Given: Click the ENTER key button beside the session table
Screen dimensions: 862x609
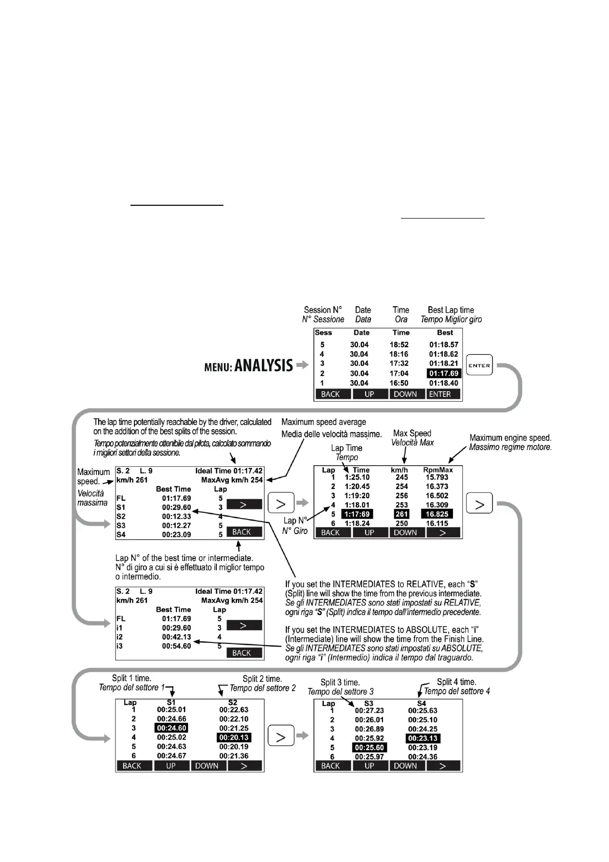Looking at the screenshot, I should [x=479, y=365].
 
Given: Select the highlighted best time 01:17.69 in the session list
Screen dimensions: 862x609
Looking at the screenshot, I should [x=444, y=374].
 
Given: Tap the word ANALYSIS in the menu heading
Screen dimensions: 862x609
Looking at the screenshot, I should [x=263, y=365].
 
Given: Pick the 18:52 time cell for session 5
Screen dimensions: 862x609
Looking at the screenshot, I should [x=400, y=345].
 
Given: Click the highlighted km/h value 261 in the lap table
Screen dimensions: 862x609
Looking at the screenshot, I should [x=402, y=514].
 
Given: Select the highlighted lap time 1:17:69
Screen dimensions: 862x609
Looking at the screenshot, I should [x=357, y=514].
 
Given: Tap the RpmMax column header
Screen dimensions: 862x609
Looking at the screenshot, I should [x=438, y=470].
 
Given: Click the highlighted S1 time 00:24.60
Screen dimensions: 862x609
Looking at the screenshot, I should [x=172, y=728].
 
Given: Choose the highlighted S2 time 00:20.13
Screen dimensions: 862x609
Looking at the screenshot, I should [x=234, y=738].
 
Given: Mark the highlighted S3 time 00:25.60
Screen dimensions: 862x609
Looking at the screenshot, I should [x=369, y=748].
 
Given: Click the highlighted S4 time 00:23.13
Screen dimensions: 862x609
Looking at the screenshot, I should [x=423, y=739].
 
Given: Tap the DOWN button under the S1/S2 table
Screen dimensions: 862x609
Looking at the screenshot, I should [x=207, y=766].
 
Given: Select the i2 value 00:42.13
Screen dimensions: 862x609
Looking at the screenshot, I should [x=176, y=637].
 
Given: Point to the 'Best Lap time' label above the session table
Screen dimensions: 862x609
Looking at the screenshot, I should [x=450, y=310].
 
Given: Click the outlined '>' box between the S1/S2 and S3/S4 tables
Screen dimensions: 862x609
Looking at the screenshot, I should [x=281, y=737].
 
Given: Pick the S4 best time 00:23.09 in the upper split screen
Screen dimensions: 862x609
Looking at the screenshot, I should [x=176, y=535].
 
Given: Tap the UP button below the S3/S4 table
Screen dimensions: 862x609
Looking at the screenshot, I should [x=369, y=766].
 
